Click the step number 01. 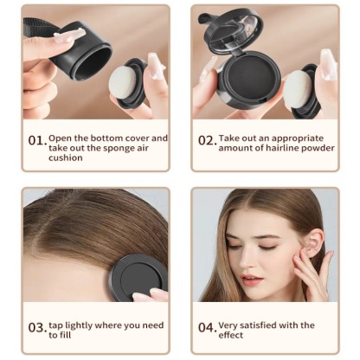35,140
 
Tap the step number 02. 206,140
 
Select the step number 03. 35,327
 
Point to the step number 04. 206,327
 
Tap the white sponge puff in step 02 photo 297,88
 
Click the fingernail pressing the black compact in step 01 67,35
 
